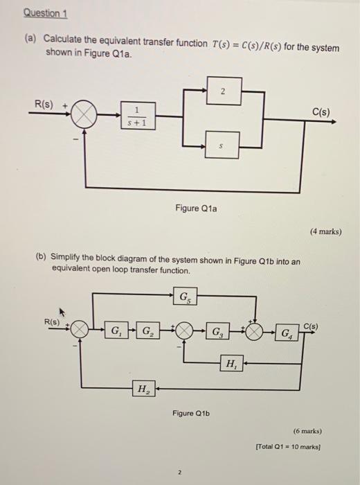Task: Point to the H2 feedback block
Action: tap(143, 389)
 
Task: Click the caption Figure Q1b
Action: tap(192, 414)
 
